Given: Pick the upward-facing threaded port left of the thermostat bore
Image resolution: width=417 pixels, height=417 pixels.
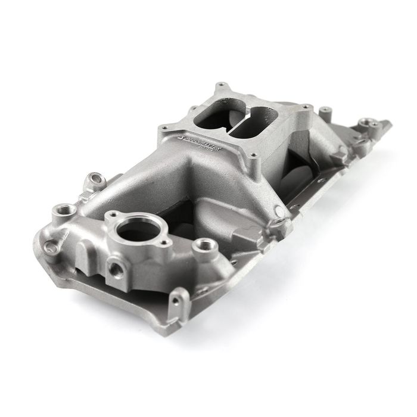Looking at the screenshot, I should tap(63, 210).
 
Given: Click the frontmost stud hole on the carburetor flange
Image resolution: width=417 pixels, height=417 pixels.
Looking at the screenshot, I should tap(255, 156).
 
